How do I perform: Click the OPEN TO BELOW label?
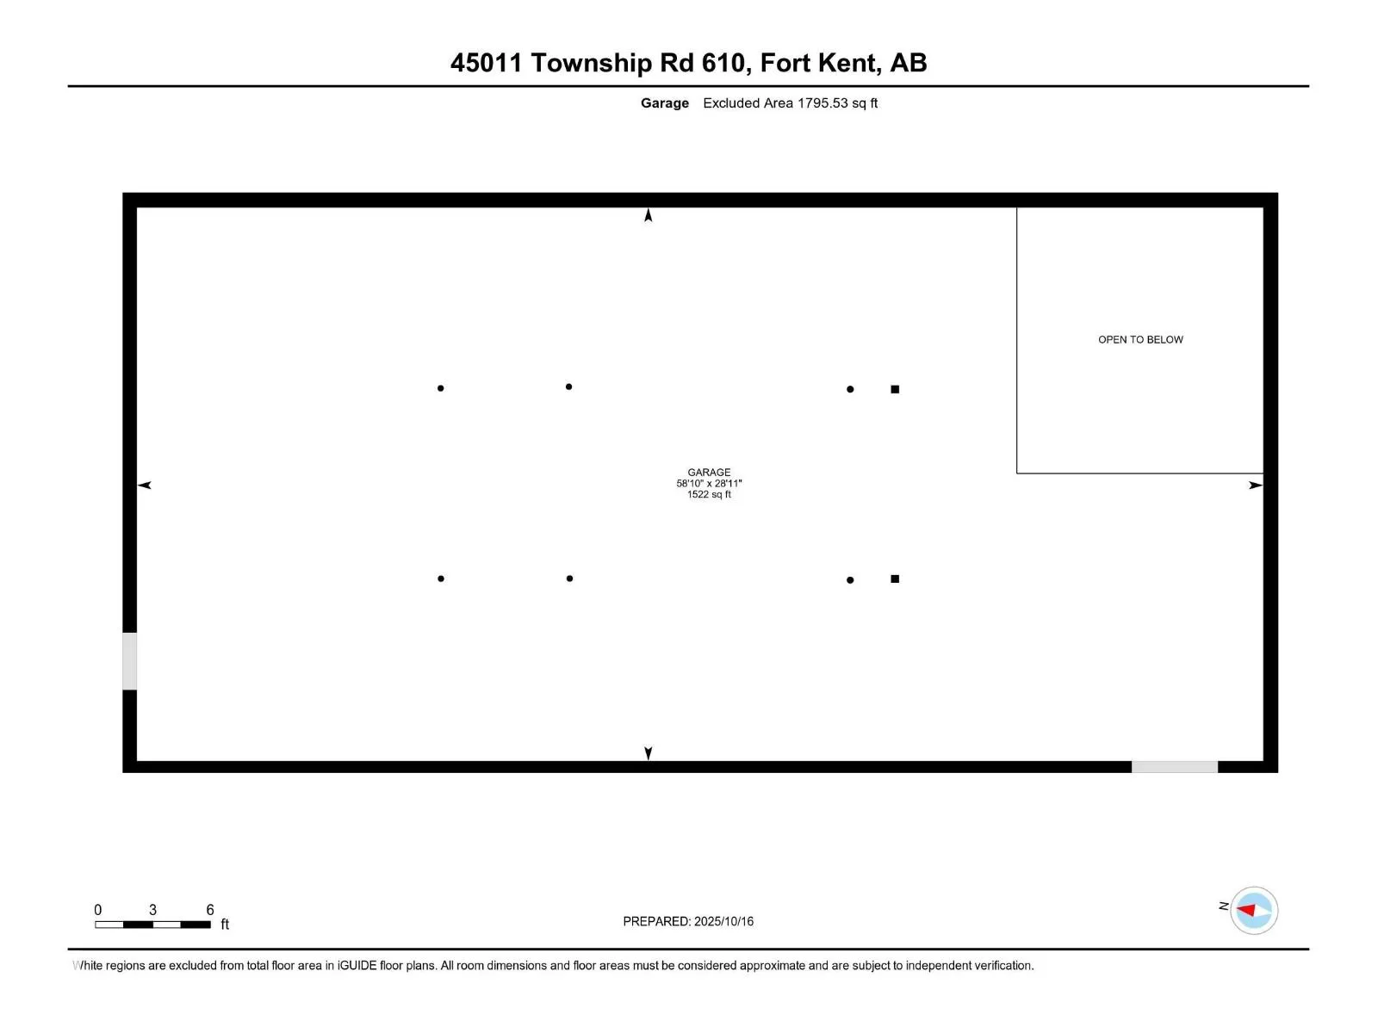[x=1140, y=340]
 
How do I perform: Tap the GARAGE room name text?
[x=709, y=473]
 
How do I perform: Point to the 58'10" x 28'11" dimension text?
[x=709, y=484]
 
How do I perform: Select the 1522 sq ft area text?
[x=709, y=495]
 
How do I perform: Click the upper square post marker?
[x=895, y=390]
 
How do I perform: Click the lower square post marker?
[x=895, y=579]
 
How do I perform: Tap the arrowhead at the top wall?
[x=649, y=215]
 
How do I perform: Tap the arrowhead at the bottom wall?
[x=649, y=753]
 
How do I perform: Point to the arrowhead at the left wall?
[x=145, y=486]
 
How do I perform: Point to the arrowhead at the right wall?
[x=1256, y=486]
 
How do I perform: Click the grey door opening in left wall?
[x=129, y=661]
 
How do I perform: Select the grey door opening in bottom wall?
[x=1174, y=767]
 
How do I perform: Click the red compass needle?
[x=1246, y=910]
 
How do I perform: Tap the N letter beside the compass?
[x=1223, y=906]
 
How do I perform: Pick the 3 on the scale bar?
[x=152, y=910]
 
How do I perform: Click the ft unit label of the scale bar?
[x=225, y=925]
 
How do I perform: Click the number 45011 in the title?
[x=486, y=63]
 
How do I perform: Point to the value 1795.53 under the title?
[x=822, y=103]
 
